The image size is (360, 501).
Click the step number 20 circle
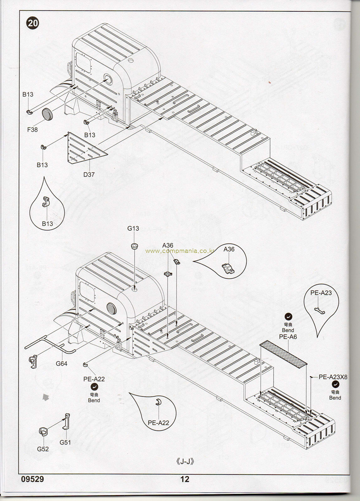coord(32,23)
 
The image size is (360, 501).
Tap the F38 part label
coord(32,130)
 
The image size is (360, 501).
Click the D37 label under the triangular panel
coord(89,174)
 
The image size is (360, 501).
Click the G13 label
coord(133,228)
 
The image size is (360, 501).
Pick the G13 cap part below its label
coord(134,246)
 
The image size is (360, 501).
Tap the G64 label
coord(61,364)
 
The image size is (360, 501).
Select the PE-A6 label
coord(288,337)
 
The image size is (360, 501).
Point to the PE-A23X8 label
coord(333,377)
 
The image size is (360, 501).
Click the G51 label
coord(65,442)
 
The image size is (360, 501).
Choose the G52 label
coord(43,449)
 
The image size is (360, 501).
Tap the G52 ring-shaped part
coord(43,431)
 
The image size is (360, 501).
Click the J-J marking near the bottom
coord(185,461)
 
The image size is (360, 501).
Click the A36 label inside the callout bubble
coord(229,249)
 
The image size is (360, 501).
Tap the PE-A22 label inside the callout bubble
coord(158,422)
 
